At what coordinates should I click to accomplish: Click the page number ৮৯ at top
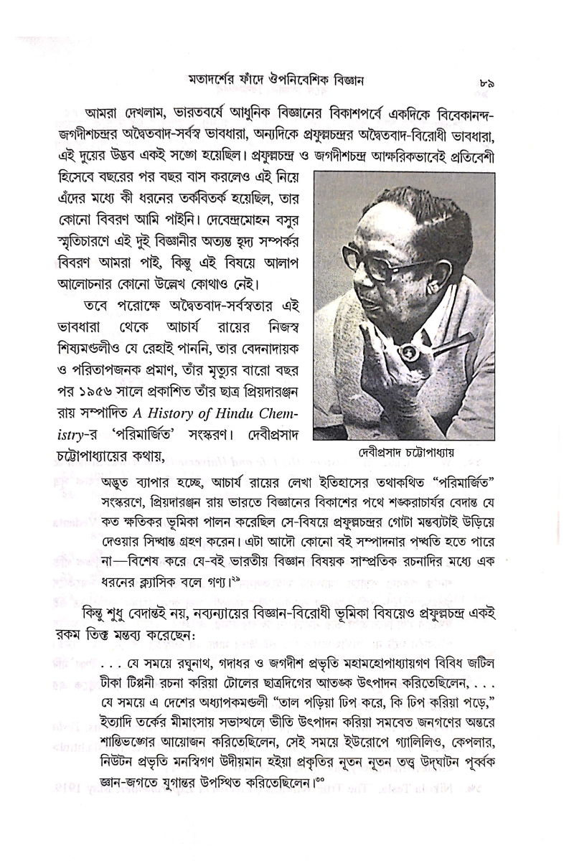coord(485,83)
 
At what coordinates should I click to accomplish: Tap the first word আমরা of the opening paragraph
coord(101,114)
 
